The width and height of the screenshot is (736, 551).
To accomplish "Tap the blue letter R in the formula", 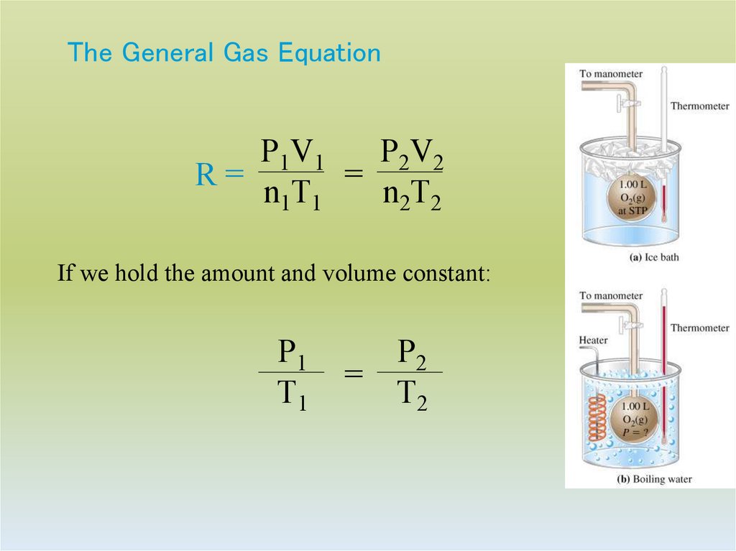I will point(206,175).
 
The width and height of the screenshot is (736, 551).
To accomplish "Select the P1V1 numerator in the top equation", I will point(291,153).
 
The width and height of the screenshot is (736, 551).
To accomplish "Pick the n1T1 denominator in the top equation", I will point(291,195).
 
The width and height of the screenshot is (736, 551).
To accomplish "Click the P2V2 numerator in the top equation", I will point(410,153).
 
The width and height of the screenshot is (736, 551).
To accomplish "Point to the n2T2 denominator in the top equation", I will point(410,195).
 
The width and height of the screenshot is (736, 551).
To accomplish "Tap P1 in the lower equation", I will point(291,353).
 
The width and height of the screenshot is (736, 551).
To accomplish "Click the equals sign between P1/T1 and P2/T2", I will point(352,374).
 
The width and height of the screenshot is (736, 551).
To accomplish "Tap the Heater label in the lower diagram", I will point(593,341).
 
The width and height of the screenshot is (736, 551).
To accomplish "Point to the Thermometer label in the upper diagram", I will point(699,106).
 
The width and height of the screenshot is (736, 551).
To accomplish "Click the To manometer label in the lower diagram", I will point(611,295).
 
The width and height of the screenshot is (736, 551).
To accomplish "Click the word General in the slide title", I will point(167,53).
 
